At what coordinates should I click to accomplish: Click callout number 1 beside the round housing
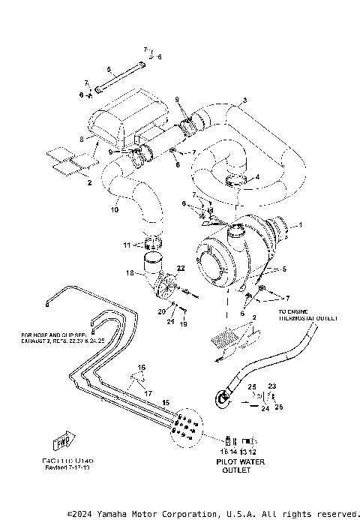click(301, 224)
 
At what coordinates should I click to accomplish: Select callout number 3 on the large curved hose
click(244, 101)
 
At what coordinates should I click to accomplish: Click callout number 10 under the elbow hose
click(115, 209)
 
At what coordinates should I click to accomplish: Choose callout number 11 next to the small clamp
click(127, 245)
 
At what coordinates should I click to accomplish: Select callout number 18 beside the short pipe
click(130, 275)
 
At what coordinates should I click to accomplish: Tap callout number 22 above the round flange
click(180, 268)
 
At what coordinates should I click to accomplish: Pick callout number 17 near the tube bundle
click(148, 392)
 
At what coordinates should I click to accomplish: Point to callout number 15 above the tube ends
click(166, 403)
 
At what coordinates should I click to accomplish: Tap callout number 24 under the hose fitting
click(265, 410)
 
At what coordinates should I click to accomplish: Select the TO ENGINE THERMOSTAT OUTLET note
click(303, 313)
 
